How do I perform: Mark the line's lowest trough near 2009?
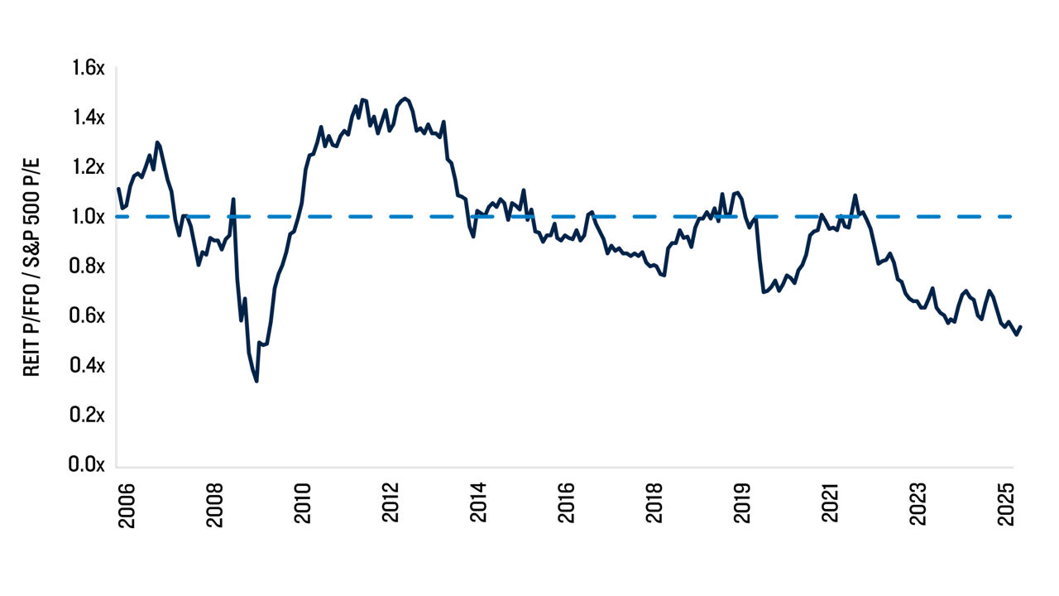click(256, 381)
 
